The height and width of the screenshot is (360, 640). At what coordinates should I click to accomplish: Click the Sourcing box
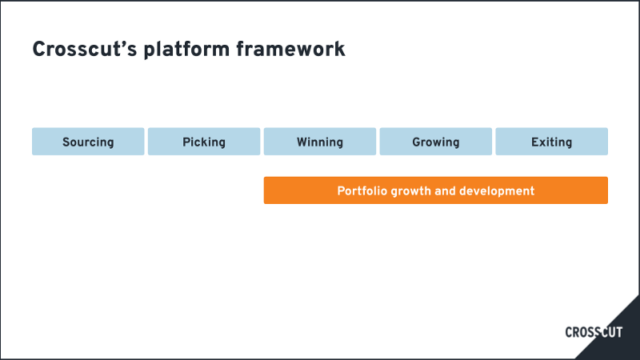click(88, 142)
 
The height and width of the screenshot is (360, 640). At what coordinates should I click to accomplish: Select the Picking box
click(204, 142)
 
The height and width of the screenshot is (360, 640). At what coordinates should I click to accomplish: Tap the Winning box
click(320, 142)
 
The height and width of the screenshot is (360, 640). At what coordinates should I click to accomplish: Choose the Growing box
click(436, 142)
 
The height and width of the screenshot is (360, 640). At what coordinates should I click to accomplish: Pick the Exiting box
click(552, 142)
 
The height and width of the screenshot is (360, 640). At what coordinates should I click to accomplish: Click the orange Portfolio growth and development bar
click(436, 190)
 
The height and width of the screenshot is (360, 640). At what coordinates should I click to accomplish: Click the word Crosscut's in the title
click(85, 50)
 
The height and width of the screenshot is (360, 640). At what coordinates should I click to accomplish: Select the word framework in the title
click(290, 50)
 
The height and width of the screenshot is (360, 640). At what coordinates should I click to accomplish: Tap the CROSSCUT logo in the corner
click(594, 332)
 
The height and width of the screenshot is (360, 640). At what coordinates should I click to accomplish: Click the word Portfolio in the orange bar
click(362, 191)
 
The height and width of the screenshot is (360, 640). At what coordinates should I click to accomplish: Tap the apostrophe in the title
click(122, 43)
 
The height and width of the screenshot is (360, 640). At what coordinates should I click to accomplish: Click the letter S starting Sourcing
click(66, 142)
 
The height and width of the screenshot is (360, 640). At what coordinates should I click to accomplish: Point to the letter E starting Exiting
click(534, 142)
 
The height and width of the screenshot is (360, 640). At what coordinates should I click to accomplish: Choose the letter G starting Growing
click(416, 142)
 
